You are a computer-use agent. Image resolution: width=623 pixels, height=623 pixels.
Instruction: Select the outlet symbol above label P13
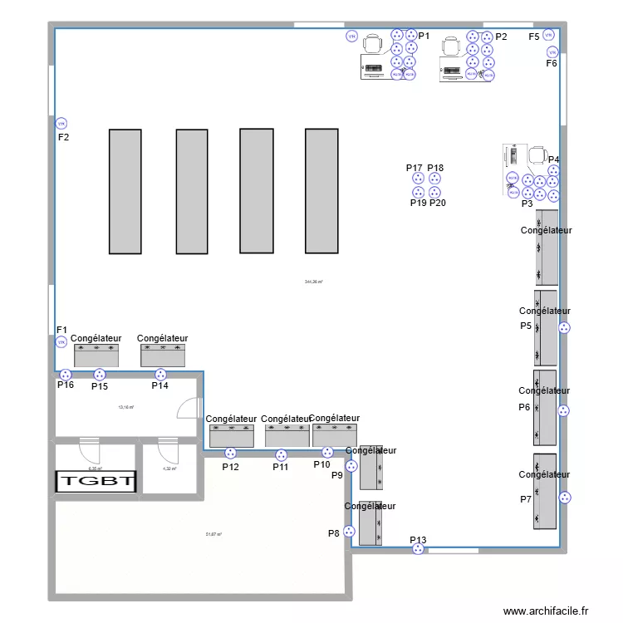tap(418, 549)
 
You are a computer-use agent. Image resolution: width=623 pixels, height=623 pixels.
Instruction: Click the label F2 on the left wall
tap(63, 137)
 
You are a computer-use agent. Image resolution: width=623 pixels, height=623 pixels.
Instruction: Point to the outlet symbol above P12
tap(230, 454)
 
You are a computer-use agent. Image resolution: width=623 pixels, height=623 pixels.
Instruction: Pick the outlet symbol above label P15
tap(100, 374)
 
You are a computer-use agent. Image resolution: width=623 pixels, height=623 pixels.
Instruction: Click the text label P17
tap(415, 168)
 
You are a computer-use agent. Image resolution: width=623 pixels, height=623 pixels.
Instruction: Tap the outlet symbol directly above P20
tap(435, 192)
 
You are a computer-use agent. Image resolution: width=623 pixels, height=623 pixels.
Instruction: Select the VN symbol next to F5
tap(548, 34)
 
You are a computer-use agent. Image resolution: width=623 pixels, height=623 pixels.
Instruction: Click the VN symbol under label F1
tap(61, 341)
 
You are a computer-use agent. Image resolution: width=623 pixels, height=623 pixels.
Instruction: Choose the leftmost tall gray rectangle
tap(125, 191)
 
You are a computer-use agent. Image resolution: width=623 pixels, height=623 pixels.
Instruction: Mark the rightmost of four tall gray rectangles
tap(321, 190)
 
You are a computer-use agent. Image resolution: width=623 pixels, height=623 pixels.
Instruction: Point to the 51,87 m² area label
tap(213, 535)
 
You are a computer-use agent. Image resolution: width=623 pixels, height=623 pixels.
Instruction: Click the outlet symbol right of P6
tap(564, 410)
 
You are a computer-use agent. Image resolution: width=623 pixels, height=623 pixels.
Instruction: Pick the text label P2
tap(501, 37)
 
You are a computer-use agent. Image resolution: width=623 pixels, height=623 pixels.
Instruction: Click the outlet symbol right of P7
tap(565, 498)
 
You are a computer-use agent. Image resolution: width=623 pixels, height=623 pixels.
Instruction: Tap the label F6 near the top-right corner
tap(552, 63)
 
